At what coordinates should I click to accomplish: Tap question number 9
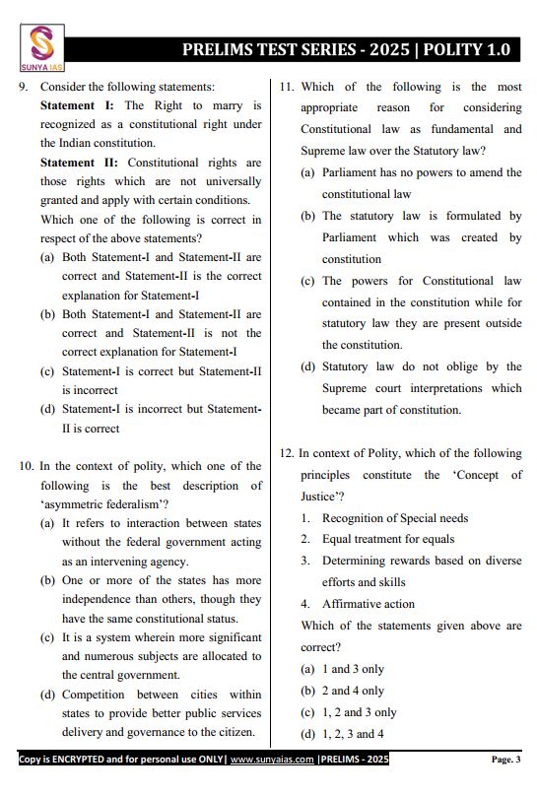coord(25,87)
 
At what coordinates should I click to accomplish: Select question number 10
coord(27,466)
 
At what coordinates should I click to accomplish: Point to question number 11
coord(287,87)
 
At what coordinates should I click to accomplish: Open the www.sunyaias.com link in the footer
coord(273,760)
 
